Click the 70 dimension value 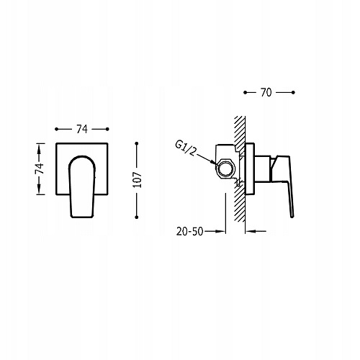[x=266, y=92]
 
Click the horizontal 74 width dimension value [x=82, y=130]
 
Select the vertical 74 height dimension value [x=40, y=168]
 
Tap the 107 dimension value [x=138, y=180]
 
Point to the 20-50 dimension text [x=190, y=231]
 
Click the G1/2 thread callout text [x=185, y=148]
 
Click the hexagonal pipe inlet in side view [x=225, y=168]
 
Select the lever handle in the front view [x=82, y=186]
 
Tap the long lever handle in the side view [x=286, y=186]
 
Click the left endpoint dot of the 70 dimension [x=245, y=92]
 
